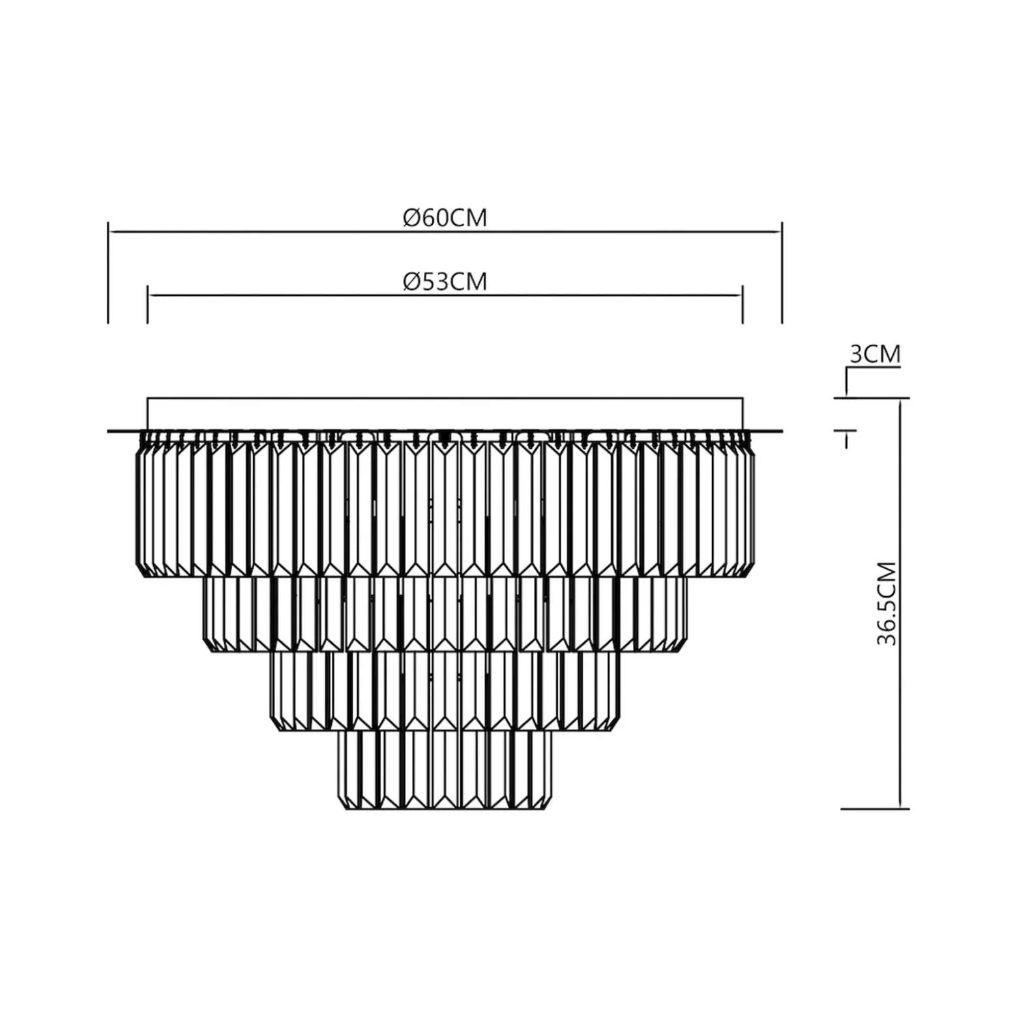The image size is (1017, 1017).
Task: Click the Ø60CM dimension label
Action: pyautogui.click(x=445, y=217)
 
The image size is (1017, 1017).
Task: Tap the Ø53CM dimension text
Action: pyautogui.click(x=445, y=281)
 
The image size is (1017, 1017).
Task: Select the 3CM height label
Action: pyautogui.click(x=875, y=354)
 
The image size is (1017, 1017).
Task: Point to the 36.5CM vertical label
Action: pyautogui.click(x=887, y=603)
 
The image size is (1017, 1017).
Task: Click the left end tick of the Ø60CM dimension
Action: pyautogui.click(x=108, y=272)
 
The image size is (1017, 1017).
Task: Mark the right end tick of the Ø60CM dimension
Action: pyautogui.click(x=782, y=272)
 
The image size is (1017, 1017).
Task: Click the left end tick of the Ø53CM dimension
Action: pyautogui.click(x=147, y=304)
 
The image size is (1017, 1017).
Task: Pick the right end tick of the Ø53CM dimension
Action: pyautogui.click(x=743, y=304)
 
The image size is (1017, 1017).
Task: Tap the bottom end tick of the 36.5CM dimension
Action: pyautogui.click(x=875, y=809)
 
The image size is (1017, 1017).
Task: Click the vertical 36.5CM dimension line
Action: pyautogui.click(x=900, y=603)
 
